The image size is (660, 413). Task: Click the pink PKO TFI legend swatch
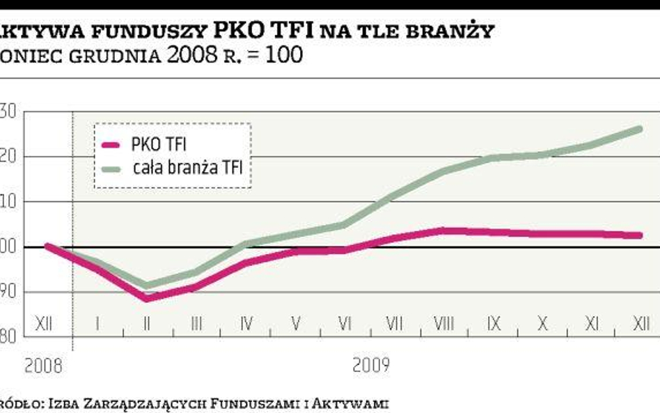[x=113, y=145]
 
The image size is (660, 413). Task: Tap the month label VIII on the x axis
[x=443, y=323]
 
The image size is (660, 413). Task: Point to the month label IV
[x=246, y=323]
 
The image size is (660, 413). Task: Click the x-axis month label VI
[x=345, y=323]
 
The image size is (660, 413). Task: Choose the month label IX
[x=493, y=323]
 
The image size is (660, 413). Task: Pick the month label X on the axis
[x=542, y=323]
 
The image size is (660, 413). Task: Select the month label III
[x=196, y=323]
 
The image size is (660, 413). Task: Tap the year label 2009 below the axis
[x=370, y=364]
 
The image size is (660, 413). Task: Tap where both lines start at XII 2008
[x=48, y=246]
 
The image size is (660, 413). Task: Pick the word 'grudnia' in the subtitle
[x=115, y=55]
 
